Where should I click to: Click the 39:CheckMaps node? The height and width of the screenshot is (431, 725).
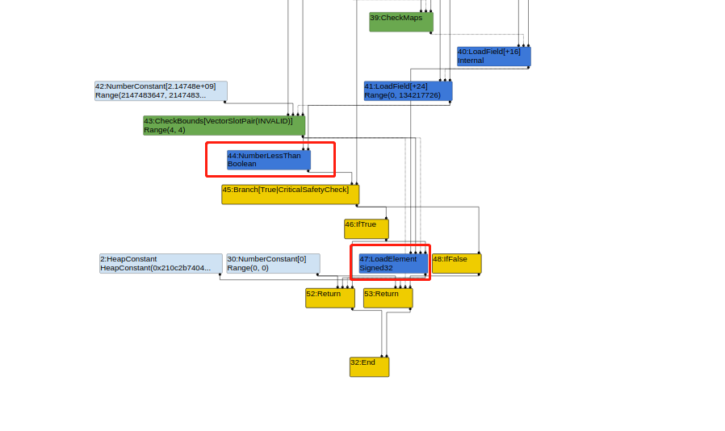coord(401,22)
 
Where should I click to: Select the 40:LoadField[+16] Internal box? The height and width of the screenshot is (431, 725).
coord(494,56)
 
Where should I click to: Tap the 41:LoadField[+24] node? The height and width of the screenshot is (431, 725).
coord(409,90)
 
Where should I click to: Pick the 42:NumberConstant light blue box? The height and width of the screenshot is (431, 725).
coord(161,90)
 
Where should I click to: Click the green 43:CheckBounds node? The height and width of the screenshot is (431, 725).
coord(224,125)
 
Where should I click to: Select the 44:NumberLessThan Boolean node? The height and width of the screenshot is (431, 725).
coord(269,160)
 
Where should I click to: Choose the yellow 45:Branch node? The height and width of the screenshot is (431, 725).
coord(291,195)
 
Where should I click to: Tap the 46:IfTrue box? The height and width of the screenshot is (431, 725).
coord(367,229)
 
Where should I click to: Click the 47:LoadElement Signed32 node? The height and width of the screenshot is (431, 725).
coord(393,264)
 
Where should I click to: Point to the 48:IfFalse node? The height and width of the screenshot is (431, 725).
coord(457,264)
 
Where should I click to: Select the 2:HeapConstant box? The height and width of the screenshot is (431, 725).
coord(161,264)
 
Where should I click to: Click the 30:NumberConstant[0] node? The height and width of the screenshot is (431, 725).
coord(273,264)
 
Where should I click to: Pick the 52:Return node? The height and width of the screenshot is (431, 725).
coord(330,299)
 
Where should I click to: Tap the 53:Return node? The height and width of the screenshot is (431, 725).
coord(388,299)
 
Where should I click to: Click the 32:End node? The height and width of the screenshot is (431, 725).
coord(370,366)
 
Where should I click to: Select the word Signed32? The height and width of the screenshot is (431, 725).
coord(376,268)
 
